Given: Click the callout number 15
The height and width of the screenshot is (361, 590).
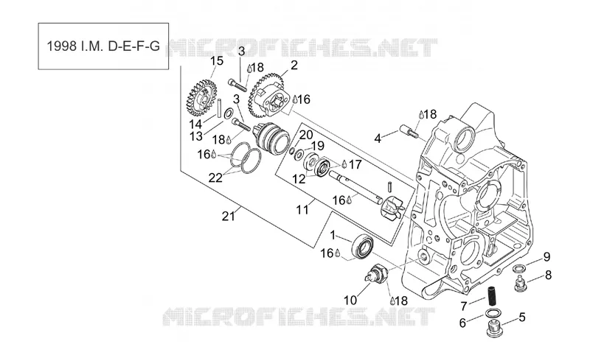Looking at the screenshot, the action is click(217, 61).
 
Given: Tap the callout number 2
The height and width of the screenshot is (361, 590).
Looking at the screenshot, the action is click(294, 65).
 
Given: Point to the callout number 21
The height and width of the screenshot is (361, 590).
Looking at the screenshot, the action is click(229, 217).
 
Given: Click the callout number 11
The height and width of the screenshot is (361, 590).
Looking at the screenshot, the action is click(302, 209).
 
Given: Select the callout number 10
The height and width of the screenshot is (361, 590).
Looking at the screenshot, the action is click(350, 300).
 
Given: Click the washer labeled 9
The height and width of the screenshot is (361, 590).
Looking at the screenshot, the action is click(519, 269).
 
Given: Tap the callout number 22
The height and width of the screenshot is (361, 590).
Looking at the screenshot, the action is click(215, 178).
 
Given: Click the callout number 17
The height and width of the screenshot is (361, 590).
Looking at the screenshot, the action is click(355, 164).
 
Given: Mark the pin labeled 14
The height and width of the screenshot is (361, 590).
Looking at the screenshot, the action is click(218, 108).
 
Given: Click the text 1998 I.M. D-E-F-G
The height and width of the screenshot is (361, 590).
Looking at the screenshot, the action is click(103, 46).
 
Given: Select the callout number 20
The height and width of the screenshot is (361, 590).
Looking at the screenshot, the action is click(306, 135).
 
